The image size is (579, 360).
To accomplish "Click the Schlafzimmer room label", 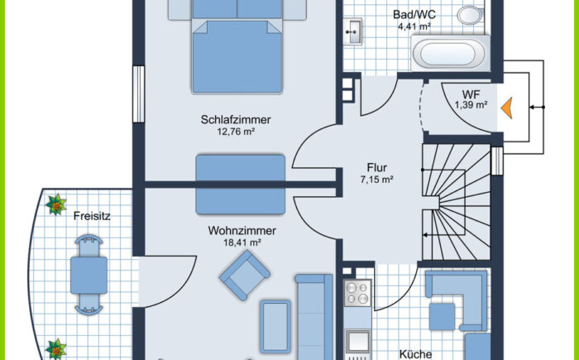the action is [x=236, y=119].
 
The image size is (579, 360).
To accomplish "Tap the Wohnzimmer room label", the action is [x=242, y=231].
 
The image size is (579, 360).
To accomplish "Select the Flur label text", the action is [x=377, y=167].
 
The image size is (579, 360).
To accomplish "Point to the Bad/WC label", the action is [x=414, y=15].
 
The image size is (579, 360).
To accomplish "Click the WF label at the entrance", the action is [x=471, y=94].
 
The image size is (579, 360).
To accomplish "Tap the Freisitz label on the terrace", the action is [x=92, y=216].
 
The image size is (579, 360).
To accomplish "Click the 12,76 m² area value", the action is [x=236, y=132].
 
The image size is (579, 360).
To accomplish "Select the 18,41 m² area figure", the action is [x=242, y=242].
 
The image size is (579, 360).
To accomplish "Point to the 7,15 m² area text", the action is [x=376, y=180].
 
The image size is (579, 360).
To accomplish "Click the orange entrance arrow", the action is [x=507, y=108].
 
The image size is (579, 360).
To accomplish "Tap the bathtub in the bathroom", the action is [x=451, y=54].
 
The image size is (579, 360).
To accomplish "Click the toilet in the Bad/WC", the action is [x=470, y=16].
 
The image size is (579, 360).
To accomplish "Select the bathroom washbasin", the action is [x=353, y=31].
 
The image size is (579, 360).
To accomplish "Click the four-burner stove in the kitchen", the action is [x=357, y=292].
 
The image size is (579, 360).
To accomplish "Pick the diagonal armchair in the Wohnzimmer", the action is [x=245, y=275].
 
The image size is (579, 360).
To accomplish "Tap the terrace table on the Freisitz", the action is [x=89, y=275].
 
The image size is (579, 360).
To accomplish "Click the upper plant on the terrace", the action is [x=55, y=204].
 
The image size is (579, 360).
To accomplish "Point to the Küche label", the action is [x=415, y=354].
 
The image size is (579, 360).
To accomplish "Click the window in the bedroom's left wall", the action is [x=138, y=94].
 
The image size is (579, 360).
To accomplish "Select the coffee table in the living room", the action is [x=275, y=326].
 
